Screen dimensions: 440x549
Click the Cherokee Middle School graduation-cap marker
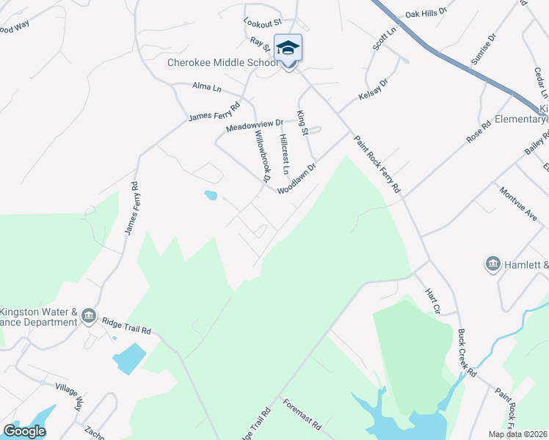coord(288,48)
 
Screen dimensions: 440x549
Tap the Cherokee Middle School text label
coord(223,63)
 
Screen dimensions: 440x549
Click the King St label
coord(302,122)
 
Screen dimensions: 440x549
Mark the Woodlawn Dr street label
coord(297,178)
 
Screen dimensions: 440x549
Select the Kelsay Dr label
coord(372,90)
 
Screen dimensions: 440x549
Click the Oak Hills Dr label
coord(426,13)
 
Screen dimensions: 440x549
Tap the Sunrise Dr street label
coord(484,48)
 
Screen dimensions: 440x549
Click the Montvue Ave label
coord(518,202)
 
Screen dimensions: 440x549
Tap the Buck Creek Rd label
coord(467,353)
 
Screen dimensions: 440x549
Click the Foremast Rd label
coord(302,415)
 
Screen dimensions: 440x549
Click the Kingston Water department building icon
coord(88,316)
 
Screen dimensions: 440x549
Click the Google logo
coord(24,431)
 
